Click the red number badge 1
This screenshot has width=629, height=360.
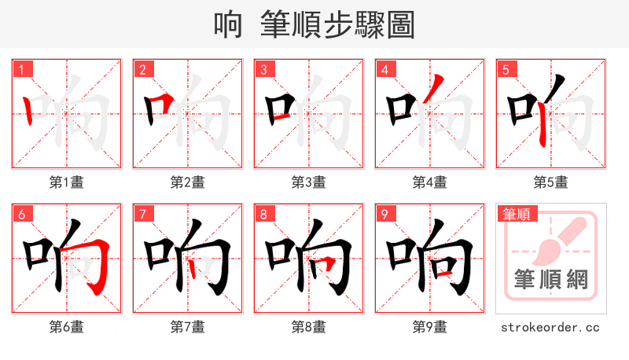[21, 69]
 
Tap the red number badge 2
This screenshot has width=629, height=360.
[142, 69]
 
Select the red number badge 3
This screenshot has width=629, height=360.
[263, 69]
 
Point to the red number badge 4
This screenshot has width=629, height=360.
[384, 69]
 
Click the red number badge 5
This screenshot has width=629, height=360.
[506, 69]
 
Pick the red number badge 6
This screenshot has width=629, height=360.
[21, 214]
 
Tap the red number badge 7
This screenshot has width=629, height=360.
[142, 214]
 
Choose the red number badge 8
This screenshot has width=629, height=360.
[263, 214]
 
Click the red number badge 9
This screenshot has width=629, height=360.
[384, 214]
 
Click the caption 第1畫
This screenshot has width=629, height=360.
[66, 182]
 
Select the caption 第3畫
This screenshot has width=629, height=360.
[308, 182]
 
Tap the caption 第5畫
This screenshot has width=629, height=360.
[550, 182]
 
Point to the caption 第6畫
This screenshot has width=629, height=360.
[66, 327]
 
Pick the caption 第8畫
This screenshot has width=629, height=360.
[308, 327]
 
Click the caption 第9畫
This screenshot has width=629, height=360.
[429, 327]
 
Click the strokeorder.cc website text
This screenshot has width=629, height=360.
[550, 327]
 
